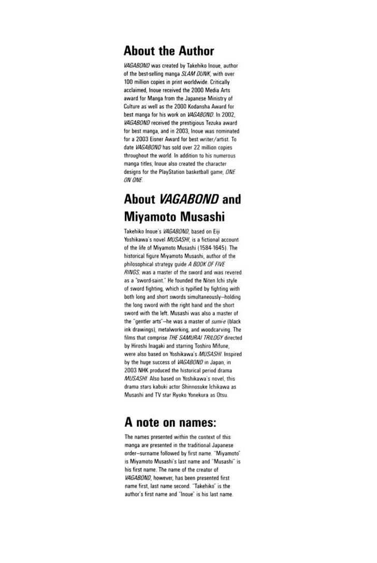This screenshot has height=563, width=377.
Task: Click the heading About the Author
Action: coord(169,51)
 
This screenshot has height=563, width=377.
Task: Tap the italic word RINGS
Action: coord(132,271)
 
